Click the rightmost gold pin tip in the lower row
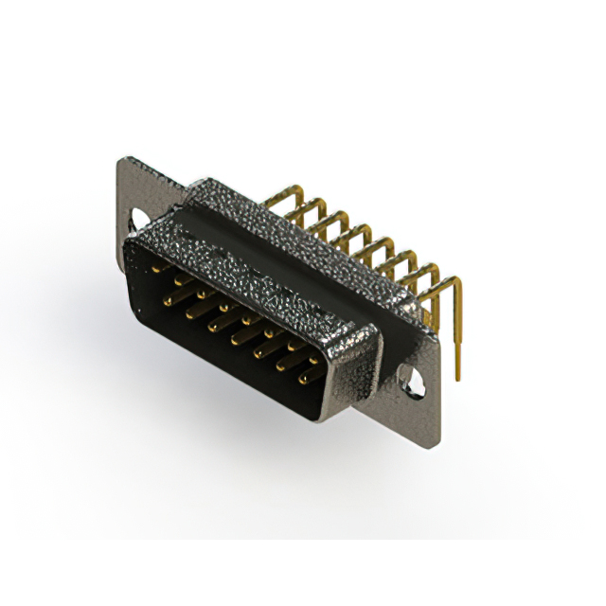coord(305,382)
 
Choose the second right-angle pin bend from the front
coord(437,267)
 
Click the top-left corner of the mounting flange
coord(120,161)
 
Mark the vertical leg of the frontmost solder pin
coord(458,331)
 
